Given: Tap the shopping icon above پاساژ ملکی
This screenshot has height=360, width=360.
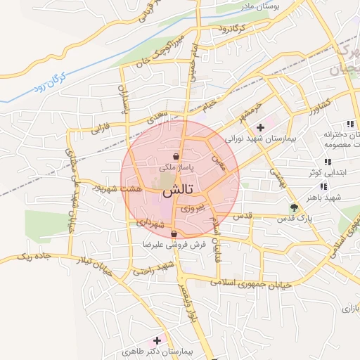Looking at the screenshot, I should pyautogui.click(x=176, y=156).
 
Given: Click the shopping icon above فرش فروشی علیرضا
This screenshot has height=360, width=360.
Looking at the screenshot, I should pyautogui.click(x=174, y=234).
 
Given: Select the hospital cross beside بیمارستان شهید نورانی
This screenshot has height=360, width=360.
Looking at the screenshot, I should pyautogui.click(x=260, y=127).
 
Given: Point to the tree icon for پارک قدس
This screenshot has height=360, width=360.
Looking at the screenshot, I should pyautogui.click(x=294, y=207).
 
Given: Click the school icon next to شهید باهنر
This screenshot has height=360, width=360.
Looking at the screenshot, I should pyautogui.click(x=323, y=186).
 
